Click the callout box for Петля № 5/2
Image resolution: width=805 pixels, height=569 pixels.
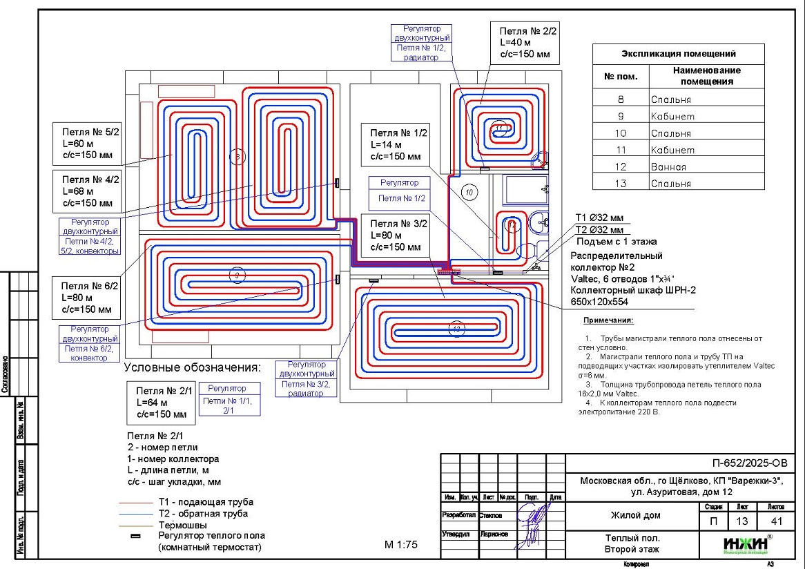tap(86, 144)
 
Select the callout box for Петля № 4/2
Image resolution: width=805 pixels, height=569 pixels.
tap(86, 191)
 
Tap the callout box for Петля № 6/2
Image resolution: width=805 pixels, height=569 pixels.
tap(86, 298)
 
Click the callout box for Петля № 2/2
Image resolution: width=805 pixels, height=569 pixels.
tap(524, 42)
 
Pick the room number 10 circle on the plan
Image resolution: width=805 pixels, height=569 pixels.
tap(469, 192)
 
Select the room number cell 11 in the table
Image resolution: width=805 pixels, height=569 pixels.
tap(621, 150)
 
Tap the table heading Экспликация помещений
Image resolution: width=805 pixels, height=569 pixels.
tap(678, 54)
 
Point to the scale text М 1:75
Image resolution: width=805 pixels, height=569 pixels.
tap(401, 545)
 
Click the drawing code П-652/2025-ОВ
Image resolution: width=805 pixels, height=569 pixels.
tap(748, 463)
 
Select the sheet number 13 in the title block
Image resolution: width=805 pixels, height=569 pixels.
tap(742, 522)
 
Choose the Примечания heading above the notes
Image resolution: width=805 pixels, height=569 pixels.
tap(608, 321)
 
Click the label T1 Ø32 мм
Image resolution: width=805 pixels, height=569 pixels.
tap(599, 218)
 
